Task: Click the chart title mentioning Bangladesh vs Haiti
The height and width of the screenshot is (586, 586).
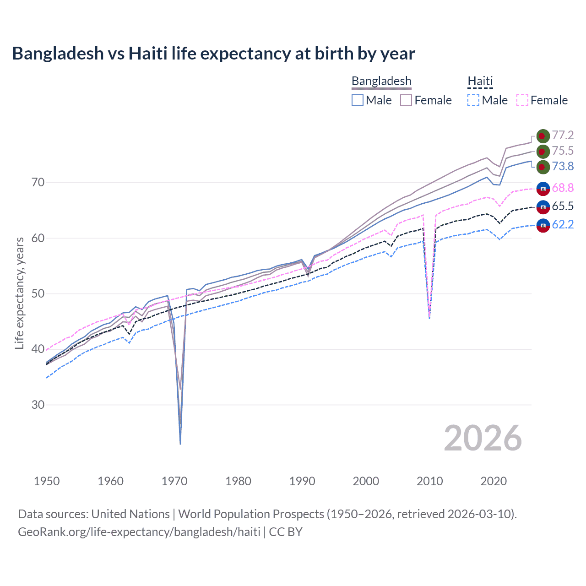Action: (213, 54)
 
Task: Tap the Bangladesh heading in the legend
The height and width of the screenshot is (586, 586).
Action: (381, 81)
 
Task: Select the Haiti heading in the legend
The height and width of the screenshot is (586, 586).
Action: (480, 81)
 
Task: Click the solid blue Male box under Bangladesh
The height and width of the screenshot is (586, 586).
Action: (358, 100)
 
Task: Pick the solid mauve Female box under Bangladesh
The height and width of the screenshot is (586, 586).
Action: (406, 100)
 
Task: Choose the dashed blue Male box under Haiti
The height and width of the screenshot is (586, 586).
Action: (474, 100)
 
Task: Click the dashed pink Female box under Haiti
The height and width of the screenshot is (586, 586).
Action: (522, 100)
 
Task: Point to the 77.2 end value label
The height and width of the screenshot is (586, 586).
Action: (563, 135)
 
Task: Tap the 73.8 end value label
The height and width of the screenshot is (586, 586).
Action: (563, 166)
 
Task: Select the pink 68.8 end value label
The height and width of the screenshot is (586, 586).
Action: (563, 188)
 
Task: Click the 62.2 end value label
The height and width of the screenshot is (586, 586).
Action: (563, 224)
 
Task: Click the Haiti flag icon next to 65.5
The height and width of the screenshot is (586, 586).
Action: (543, 206)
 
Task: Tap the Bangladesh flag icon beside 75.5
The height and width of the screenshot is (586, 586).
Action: (543, 151)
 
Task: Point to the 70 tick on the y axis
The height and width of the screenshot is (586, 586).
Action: (38, 182)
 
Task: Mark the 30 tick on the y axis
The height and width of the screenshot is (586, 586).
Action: (38, 405)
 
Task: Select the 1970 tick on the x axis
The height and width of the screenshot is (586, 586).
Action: (174, 481)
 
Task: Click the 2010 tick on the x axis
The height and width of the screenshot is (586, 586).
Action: (429, 481)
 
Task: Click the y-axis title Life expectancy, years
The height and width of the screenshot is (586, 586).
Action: (19, 293)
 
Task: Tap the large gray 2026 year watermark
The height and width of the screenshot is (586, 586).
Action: (483, 438)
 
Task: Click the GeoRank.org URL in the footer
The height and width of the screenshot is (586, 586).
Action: (139, 532)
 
